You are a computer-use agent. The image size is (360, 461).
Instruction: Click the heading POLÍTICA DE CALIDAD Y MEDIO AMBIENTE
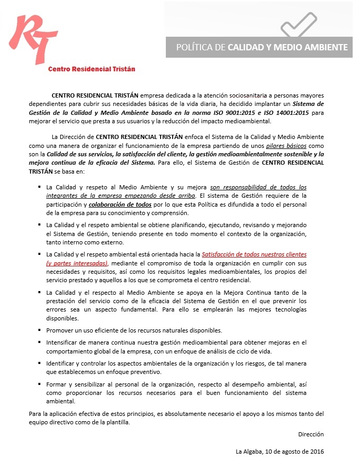coord(261,47)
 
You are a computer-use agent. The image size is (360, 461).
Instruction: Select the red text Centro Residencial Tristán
coord(92,69)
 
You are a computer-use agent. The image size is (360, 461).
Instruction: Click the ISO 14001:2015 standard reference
coord(288,113)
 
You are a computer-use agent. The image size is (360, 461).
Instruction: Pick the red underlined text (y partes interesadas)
coord(77,263)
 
